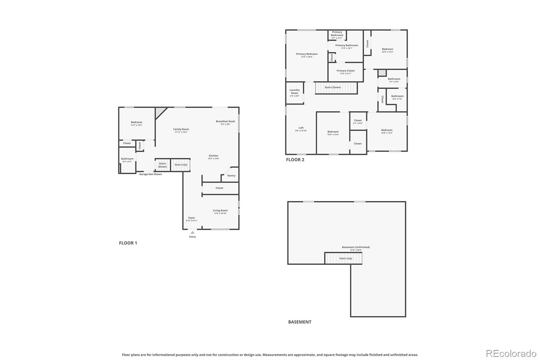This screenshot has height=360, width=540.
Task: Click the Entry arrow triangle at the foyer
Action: coord(192,232)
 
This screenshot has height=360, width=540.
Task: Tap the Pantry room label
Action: coord(231,176)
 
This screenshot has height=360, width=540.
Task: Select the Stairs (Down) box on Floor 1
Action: coord(162,165)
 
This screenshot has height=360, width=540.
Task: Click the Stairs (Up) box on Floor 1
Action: coord(181,165)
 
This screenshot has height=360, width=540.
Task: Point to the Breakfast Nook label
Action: coord(225,121)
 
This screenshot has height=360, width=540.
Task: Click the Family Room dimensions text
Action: coord(181,132)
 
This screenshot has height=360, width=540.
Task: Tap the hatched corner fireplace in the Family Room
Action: coord(160,112)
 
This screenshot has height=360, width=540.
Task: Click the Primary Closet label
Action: coord(346,71)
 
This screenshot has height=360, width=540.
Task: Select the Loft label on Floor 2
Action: coord(301,128)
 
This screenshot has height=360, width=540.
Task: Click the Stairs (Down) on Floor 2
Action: coord(336,87)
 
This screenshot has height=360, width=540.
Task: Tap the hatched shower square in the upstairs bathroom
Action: coord(382,73)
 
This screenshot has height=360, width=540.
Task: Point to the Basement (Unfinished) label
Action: coord(356,247)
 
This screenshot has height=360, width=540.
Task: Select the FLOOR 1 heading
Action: coord(128,243)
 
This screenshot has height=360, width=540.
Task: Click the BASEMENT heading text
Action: coord(300,322)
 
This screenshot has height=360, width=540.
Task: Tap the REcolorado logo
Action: coord(511,354)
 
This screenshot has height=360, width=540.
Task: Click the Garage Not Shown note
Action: coord(151,174)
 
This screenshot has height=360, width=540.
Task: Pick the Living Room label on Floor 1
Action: coord(220,210)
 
